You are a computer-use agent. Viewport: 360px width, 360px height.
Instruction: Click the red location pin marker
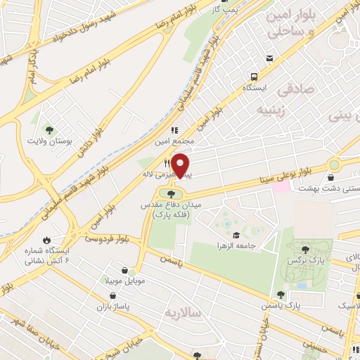181,165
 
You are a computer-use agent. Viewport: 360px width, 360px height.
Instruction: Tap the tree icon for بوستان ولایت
49,129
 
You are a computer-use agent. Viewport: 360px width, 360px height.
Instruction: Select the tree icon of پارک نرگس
306,249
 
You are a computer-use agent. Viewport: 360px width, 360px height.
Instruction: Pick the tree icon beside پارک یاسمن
281,295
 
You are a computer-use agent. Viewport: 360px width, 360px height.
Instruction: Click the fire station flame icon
46,239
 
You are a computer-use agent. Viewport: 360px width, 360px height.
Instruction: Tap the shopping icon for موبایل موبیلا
124,271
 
